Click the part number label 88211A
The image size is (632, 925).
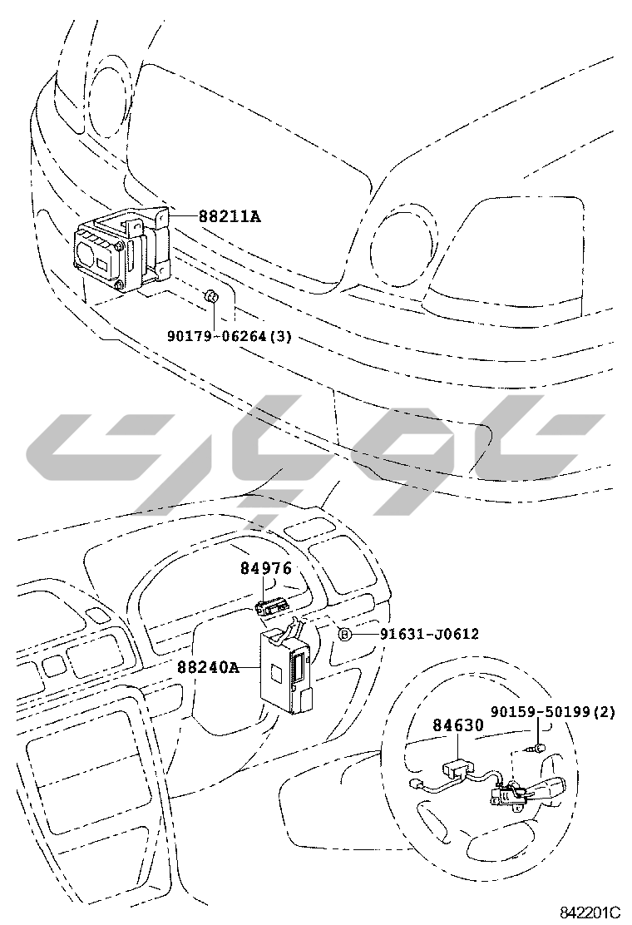pos(230,216)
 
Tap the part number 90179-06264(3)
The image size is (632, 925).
pos(230,337)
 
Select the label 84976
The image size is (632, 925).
pos(266,568)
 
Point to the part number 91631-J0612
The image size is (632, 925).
pos(429,634)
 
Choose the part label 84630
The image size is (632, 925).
pos(458,725)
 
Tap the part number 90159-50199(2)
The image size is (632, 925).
pos(553,712)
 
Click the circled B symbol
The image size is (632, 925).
pos(345,634)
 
